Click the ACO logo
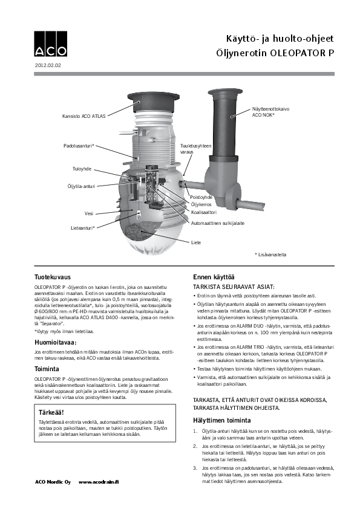click(x=51, y=44)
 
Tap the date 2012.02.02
click(x=48, y=65)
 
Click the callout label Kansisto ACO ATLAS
click(x=84, y=116)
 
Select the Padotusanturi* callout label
click(x=79, y=146)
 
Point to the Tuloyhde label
click(x=82, y=169)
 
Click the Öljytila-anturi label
click(x=81, y=187)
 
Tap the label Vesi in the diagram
click(x=89, y=213)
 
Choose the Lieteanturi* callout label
click(x=83, y=229)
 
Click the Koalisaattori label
click(x=204, y=212)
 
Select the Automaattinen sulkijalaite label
click(x=218, y=223)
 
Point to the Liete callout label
click(x=196, y=242)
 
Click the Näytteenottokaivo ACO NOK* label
click(x=270, y=112)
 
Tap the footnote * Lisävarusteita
click(x=270, y=255)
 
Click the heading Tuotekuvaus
click(x=53, y=277)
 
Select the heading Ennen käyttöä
click(x=214, y=277)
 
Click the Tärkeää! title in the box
click(x=51, y=413)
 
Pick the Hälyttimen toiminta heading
click(x=222, y=420)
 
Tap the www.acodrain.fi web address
click(x=99, y=482)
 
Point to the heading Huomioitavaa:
click(x=56, y=343)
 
